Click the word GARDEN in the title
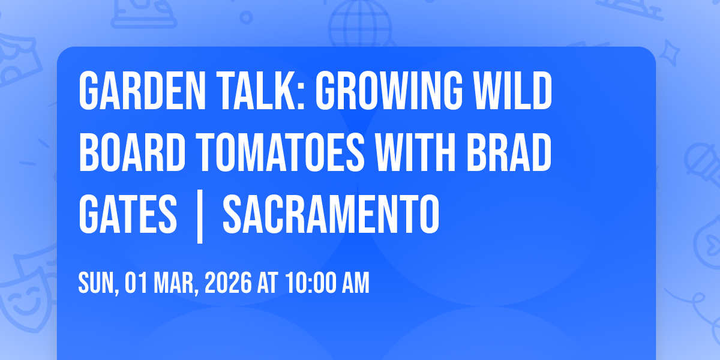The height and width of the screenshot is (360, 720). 142,91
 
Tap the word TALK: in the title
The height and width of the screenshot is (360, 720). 260,91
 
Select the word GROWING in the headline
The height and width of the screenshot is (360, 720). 389,91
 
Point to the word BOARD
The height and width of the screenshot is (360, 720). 132,152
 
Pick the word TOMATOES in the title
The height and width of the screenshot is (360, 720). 280,152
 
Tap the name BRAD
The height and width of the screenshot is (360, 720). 509,152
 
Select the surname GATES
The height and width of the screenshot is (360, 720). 128,214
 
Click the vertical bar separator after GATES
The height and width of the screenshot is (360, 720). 200,217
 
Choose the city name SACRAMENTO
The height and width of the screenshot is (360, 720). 331,214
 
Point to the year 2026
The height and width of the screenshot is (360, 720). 228,283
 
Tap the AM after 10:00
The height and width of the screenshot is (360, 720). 355,283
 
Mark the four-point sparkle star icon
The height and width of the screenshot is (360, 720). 670,53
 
